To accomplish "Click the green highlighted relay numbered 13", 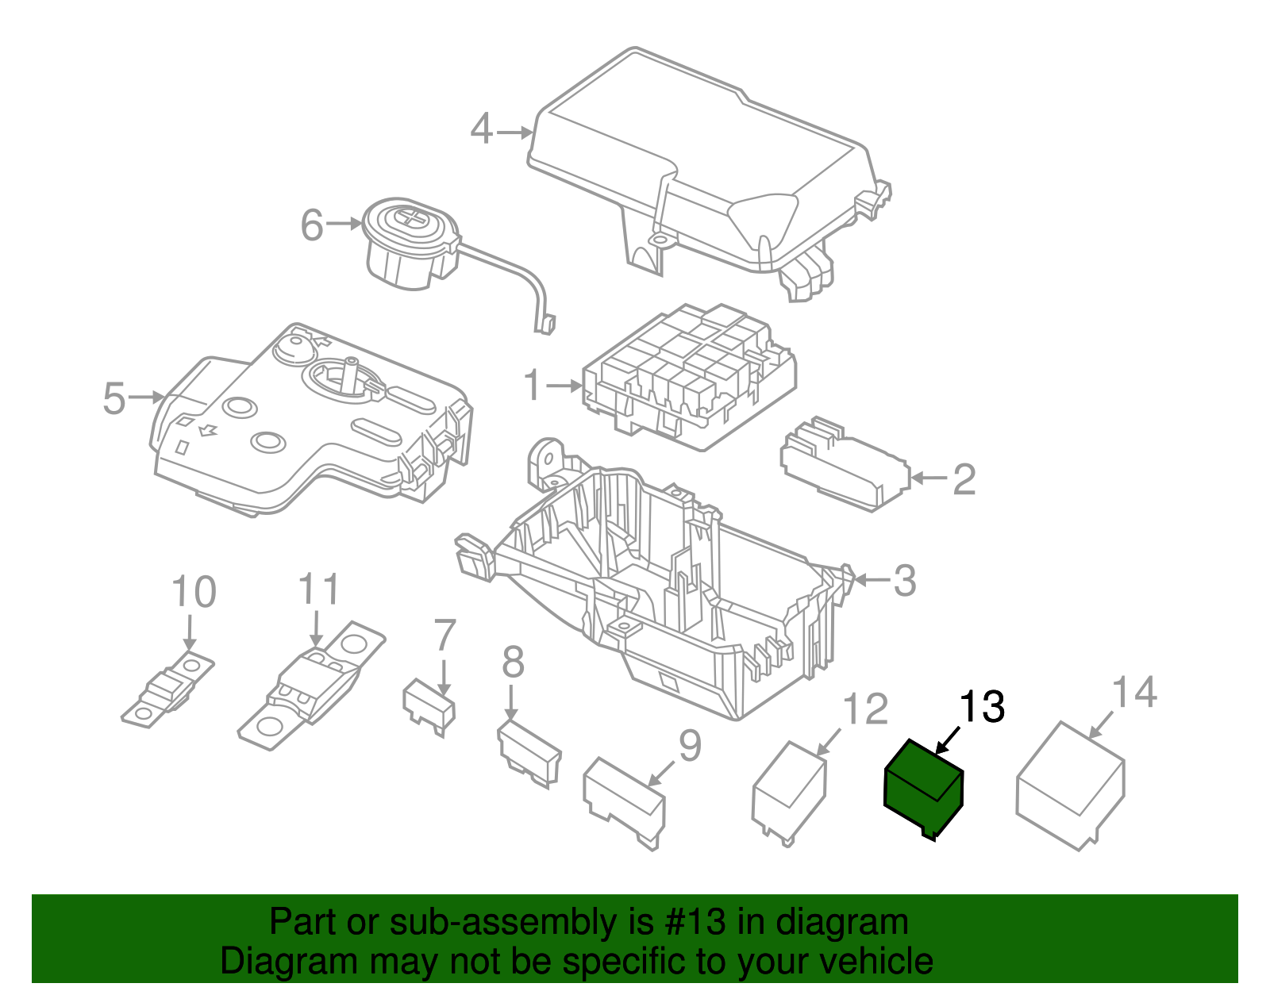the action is point(923,789).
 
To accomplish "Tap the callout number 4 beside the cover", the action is point(482,129).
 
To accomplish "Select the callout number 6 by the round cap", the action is point(311,225).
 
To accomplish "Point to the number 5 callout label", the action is point(114,399).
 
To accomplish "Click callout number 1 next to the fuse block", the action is point(532,386).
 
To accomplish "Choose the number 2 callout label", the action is point(964,479).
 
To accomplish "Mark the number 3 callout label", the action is point(905,581).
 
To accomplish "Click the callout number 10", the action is point(194,592).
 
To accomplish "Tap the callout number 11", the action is point(319,589).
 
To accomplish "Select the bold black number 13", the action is point(982,707).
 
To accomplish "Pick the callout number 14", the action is point(1133,692).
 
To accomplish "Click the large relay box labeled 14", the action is point(1071,786).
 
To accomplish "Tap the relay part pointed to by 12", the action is point(789,793).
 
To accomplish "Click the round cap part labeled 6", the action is point(411,244).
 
